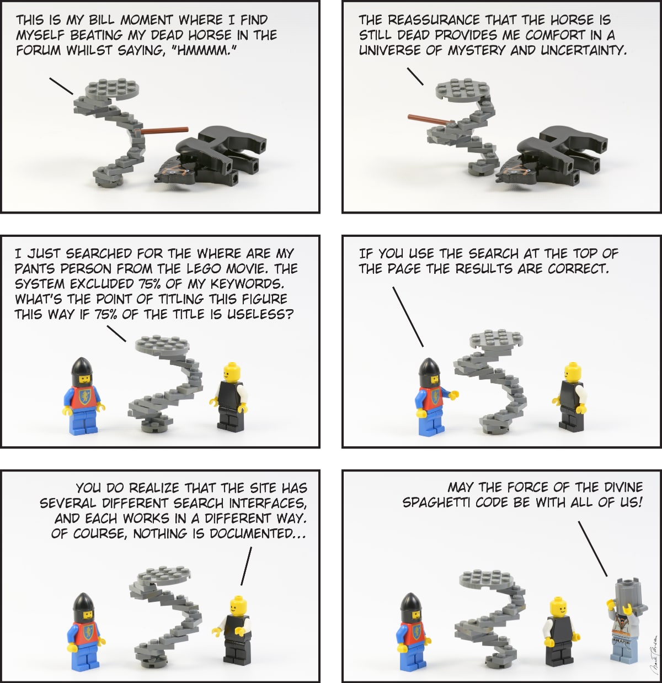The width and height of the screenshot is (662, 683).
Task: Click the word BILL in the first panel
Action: pos(102,20)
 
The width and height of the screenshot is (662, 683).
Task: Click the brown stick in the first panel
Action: pos(162,130)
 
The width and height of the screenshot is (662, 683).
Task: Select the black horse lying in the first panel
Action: pos(210,157)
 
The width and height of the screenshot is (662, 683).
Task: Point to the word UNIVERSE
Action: pos(389,51)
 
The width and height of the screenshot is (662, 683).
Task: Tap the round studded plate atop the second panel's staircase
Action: pos(462,89)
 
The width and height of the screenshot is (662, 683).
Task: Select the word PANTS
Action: pos(35,269)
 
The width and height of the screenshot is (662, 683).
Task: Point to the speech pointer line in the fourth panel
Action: pos(408,317)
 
